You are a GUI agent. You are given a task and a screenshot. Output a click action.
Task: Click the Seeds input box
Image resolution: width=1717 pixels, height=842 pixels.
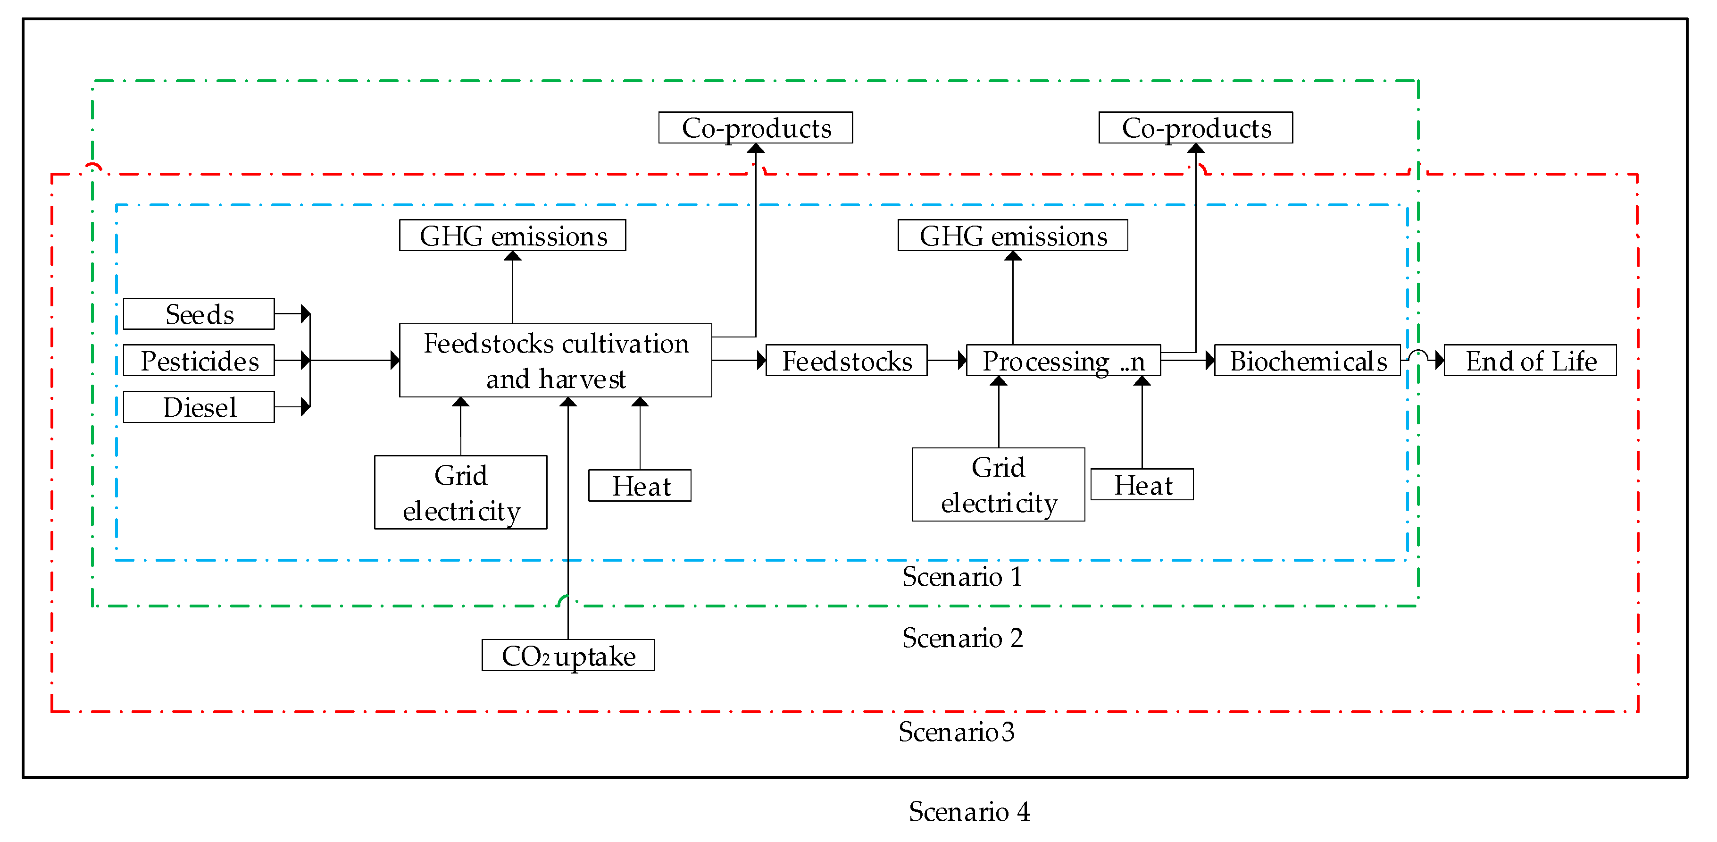point(199,314)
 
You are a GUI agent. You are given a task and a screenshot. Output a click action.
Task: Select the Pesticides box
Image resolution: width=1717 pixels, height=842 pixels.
point(199,361)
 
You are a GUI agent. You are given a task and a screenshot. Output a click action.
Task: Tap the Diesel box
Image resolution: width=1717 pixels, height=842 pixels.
point(199,407)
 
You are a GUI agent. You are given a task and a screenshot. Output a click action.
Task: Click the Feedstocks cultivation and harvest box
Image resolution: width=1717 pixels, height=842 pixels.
point(555,361)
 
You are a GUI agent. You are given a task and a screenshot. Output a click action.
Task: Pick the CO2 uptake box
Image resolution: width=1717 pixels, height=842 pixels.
point(568,656)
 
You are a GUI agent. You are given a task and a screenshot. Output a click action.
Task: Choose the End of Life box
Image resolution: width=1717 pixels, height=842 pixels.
point(1530,361)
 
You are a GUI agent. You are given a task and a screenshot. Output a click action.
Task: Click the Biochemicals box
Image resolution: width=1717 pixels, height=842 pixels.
point(1307,361)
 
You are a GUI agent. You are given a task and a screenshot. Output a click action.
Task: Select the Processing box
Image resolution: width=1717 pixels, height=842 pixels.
point(1063,361)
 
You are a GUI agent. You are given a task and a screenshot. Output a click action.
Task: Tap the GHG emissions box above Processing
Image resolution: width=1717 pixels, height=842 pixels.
point(1012,236)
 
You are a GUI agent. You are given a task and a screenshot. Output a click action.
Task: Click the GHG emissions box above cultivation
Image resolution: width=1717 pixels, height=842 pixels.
point(513,236)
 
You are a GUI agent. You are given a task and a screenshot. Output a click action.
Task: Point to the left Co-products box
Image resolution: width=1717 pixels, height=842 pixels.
point(755,128)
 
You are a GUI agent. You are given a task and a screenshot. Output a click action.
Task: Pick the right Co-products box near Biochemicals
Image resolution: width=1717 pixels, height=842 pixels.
point(1195,128)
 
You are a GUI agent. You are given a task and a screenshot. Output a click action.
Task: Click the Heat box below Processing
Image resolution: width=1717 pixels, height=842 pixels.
point(1142,485)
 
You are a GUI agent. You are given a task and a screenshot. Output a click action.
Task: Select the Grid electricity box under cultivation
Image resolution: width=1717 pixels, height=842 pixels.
point(460,493)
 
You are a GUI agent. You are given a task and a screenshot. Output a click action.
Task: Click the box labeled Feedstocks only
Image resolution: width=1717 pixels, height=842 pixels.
point(846,361)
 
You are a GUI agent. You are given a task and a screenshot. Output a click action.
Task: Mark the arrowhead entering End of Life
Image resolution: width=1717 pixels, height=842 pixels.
point(1439,361)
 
